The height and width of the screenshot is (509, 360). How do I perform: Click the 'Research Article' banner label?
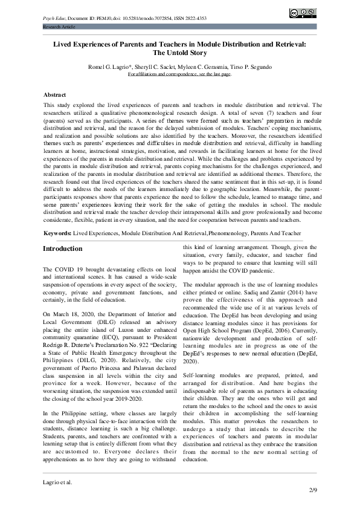60,28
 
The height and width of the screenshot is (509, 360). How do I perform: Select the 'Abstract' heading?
54,95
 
